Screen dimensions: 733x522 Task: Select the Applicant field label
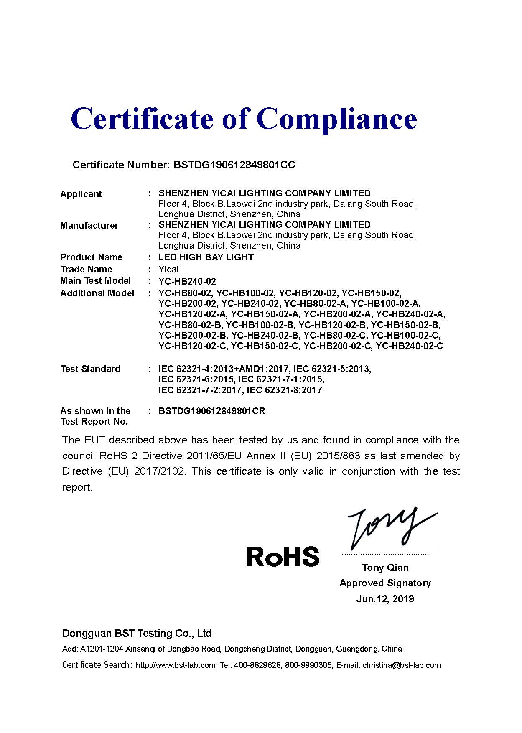81,194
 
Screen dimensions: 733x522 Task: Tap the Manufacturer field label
89,226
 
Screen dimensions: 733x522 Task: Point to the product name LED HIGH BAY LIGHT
206,257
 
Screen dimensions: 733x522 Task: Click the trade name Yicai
169,270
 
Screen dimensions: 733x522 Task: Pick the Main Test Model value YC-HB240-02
187,282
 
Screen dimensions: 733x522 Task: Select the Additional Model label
97,293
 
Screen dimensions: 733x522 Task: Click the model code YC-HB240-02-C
410,346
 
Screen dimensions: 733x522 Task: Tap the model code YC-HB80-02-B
190,325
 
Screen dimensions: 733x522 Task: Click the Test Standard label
90,369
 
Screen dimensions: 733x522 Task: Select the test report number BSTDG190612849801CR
212,411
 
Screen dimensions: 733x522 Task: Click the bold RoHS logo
283,557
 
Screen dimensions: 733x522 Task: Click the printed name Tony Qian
385,568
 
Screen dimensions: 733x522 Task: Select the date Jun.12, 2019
385,599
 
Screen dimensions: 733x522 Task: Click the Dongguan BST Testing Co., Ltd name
137,634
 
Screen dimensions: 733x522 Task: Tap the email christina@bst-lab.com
402,665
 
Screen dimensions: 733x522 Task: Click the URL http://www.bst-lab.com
176,665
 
